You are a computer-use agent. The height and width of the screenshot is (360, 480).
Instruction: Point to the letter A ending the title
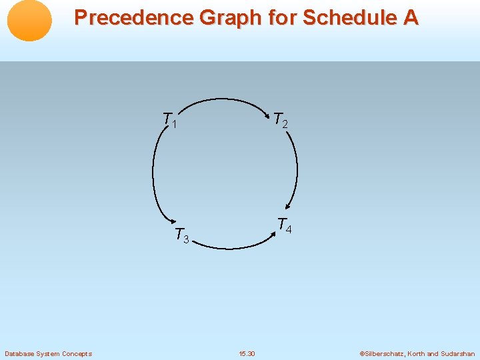[410, 18]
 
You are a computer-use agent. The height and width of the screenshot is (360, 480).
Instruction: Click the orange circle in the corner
[29, 21]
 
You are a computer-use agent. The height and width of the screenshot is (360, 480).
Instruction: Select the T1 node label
[170, 121]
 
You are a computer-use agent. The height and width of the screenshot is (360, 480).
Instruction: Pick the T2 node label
[281, 120]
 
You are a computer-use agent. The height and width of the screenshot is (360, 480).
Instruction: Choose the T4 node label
[284, 225]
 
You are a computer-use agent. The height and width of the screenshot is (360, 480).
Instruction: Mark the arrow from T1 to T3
[154, 173]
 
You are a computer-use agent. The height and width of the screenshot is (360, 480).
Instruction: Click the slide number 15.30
[246, 353]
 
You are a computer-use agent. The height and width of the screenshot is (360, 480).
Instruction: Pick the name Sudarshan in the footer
[458, 353]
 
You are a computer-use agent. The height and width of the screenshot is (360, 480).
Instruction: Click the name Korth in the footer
[417, 353]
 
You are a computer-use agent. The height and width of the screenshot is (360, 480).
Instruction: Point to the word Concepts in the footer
[77, 353]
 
